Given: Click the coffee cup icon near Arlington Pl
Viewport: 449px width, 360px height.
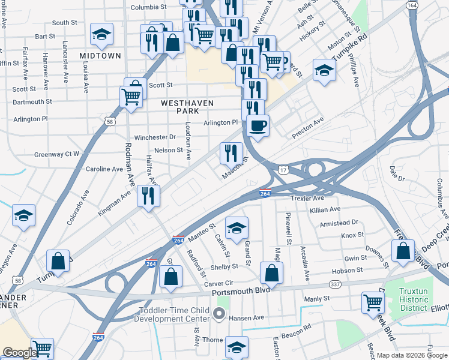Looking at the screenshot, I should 258,126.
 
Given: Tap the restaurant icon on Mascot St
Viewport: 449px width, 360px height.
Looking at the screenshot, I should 231,153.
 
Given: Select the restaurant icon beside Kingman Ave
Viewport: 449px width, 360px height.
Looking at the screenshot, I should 148,196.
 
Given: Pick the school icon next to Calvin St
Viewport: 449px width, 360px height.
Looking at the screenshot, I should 237,228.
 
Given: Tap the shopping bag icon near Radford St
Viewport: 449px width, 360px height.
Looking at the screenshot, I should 171,277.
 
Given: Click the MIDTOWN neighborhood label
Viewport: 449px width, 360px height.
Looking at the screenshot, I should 100,55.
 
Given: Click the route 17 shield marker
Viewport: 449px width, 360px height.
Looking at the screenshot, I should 282,170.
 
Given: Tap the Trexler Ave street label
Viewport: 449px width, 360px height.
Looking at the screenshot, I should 307,198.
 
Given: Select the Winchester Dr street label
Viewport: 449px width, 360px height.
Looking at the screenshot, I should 154,137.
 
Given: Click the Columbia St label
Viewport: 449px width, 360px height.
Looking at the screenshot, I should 148,7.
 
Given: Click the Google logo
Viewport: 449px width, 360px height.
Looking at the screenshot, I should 20,353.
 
